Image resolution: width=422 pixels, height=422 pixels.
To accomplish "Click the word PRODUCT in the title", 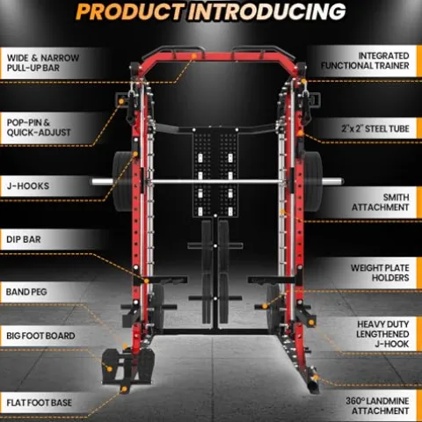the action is pyautogui.click(x=130, y=11).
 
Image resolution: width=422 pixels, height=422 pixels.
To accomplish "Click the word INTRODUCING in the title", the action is pyautogui.click(x=267, y=11).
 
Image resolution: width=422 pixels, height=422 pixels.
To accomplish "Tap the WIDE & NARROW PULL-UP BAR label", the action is pyautogui.click(x=43, y=62).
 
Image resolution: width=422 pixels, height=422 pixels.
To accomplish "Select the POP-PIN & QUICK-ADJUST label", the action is pyautogui.click(x=39, y=127).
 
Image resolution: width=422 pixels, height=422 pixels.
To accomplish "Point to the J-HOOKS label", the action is pyautogui.click(x=28, y=186).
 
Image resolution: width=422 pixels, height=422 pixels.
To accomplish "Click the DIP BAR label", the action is pyautogui.click(x=24, y=239).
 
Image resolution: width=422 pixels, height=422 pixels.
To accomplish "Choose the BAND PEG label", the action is pyautogui.click(x=26, y=292).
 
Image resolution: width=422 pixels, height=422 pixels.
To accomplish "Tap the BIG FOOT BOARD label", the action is pyautogui.click(x=40, y=336).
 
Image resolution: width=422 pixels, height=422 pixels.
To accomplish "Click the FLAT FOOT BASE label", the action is pyautogui.click(x=39, y=403).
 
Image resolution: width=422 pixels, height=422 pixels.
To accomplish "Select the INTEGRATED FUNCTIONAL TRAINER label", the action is pyautogui.click(x=365, y=61).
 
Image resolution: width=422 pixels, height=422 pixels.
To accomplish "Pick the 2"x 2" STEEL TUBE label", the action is pyautogui.click(x=375, y=128).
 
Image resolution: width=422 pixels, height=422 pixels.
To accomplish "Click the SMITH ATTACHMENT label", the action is pyautogui.click(x=381, y=202).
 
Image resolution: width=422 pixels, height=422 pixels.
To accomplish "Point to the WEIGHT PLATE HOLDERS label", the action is pyautogui.click(x=380, y=273).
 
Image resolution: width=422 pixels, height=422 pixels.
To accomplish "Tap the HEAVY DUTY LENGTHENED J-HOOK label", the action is pyautogui.click(x=382, y=334).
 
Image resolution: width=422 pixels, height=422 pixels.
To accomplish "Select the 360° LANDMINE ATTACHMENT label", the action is pyautogui.click(x=377, y=406).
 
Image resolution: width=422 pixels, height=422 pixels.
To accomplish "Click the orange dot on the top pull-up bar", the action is pyautogui.click(x=193, y=55).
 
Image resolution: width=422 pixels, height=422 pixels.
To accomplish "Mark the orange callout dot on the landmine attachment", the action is pyautogui.click(x=316, y=377).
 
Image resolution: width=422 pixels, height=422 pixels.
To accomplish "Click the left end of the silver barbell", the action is pyautogui.click(x=92, y=182).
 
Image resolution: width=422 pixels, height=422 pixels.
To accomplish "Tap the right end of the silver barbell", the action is pyautogui.click(x=341, y=182).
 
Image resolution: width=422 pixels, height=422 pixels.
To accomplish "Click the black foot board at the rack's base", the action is pyautogui.click(x=128, y=367).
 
